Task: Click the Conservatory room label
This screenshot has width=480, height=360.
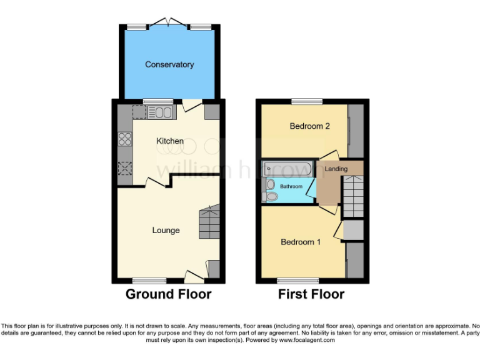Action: (x=169, y=64)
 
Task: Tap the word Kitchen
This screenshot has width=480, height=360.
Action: (x=169, y=141)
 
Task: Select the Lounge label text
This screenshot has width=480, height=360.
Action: (x=166, y=231)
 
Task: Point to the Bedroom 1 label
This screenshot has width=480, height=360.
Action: (x=301, y=242)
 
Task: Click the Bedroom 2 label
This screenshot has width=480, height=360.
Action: (x=309, y=126)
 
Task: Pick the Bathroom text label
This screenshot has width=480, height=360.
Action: (x=291, y=187)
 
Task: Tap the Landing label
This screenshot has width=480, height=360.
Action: (x=336, y=168)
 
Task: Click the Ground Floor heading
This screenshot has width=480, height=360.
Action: (x=169, y=294)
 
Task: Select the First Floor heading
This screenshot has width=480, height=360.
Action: (x=311, y=294)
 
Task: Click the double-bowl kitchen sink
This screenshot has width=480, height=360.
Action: (x=160, y=112)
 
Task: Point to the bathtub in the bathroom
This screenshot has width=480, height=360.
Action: (x=286, y=168)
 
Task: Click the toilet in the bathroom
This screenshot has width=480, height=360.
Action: (x=271, y=197)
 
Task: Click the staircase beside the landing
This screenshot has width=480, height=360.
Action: (x=353, y=196)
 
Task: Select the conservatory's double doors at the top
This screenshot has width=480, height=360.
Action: (x=169, y=24)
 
